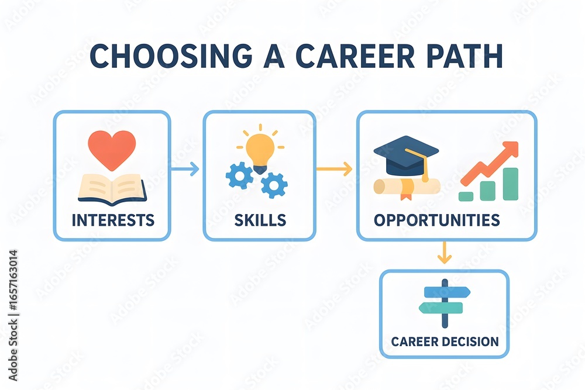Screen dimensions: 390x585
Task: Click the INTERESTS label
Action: point(112,220)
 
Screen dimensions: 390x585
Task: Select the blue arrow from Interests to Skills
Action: point(186,169)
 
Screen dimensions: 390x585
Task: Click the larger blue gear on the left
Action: point(239,174)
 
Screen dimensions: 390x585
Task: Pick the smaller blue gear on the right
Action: point(274,185)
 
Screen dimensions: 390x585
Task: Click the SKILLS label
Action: point(260,220)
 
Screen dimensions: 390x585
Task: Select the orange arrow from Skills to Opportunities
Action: point(335,169)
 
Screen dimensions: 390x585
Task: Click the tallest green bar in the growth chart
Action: point(510,184)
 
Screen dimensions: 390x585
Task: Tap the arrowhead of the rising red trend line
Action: point(511,149)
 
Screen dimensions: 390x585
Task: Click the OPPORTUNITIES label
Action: point(436,220)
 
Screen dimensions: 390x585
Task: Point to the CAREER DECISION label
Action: point(445,341)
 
